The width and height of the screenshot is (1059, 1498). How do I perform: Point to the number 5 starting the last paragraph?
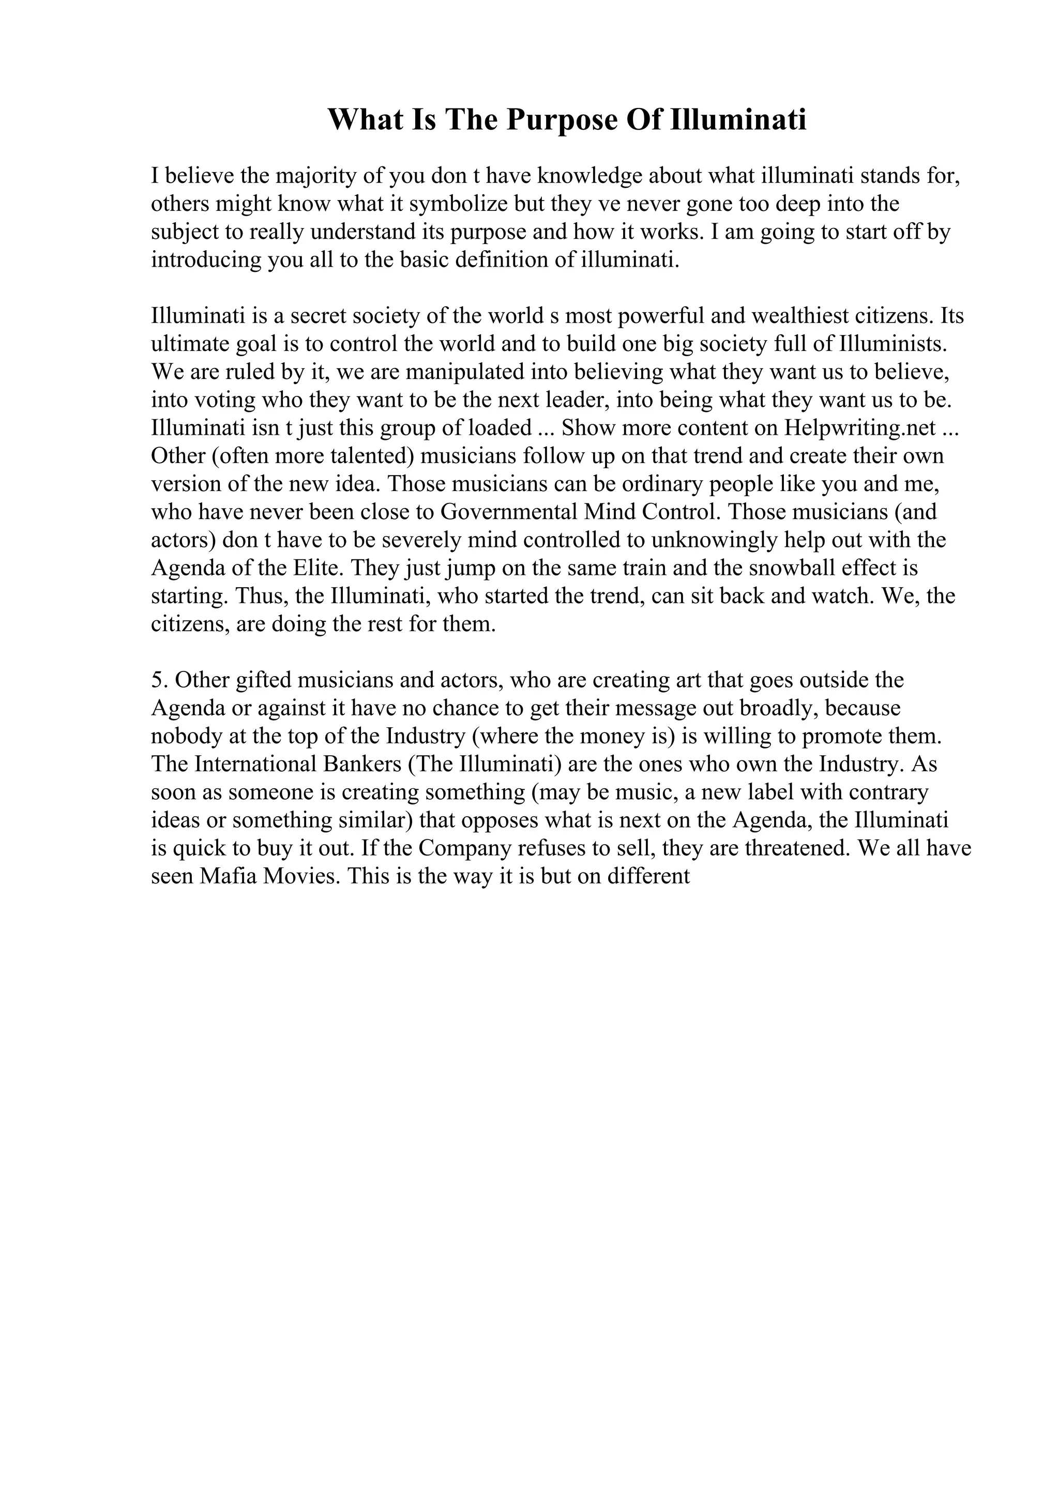pyautogui.click(x=157, y=680)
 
